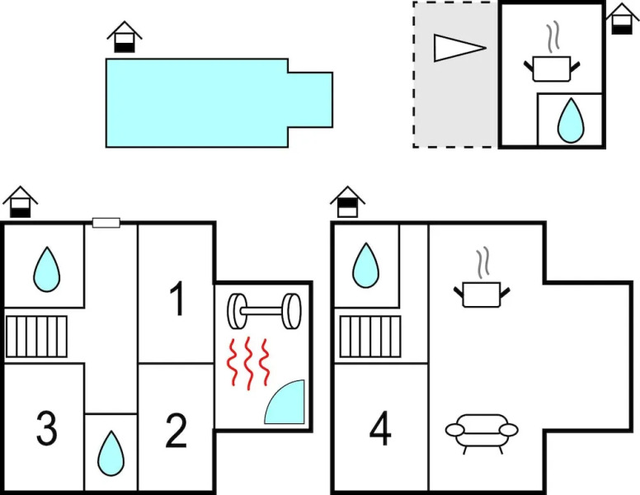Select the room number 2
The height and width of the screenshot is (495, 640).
pyautogui.click(x=176, y=431)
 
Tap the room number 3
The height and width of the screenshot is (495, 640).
pyautogui.click(x=46, y=429)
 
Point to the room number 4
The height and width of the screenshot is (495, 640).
pyautogui.click(x=379, y=429)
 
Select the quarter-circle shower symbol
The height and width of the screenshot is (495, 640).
pyautogui.click(x=286, y=403)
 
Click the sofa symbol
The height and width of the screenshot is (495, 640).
pyautogui.click(x=482, y=430)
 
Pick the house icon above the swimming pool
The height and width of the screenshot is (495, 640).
pyautogui.click(x=124, y=36)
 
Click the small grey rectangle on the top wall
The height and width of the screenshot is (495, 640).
pyautogui.click(x=106, y=223)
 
